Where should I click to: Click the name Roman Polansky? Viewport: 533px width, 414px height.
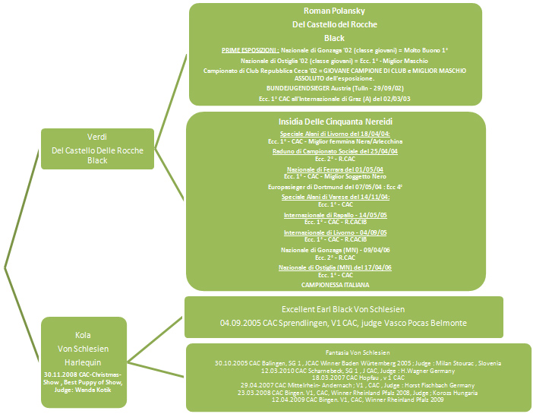pos(335,11)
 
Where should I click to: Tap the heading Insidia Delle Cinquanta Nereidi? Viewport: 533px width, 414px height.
pos(335,122)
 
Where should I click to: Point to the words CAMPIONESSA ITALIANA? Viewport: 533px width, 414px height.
pos(335,284)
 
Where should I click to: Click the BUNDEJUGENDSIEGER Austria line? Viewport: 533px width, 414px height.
pos(335,88)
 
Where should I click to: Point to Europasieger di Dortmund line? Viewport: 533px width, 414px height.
pos(335,186)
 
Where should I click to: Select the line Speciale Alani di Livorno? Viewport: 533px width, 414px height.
pos(335,133)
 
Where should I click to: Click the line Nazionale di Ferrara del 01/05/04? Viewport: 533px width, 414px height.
pos(335,169)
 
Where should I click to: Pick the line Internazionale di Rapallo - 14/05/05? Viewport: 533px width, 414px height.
pos(335,215)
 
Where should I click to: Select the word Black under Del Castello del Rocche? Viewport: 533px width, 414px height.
pos(335,38)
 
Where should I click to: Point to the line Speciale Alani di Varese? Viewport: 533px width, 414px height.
pos(335,197)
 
